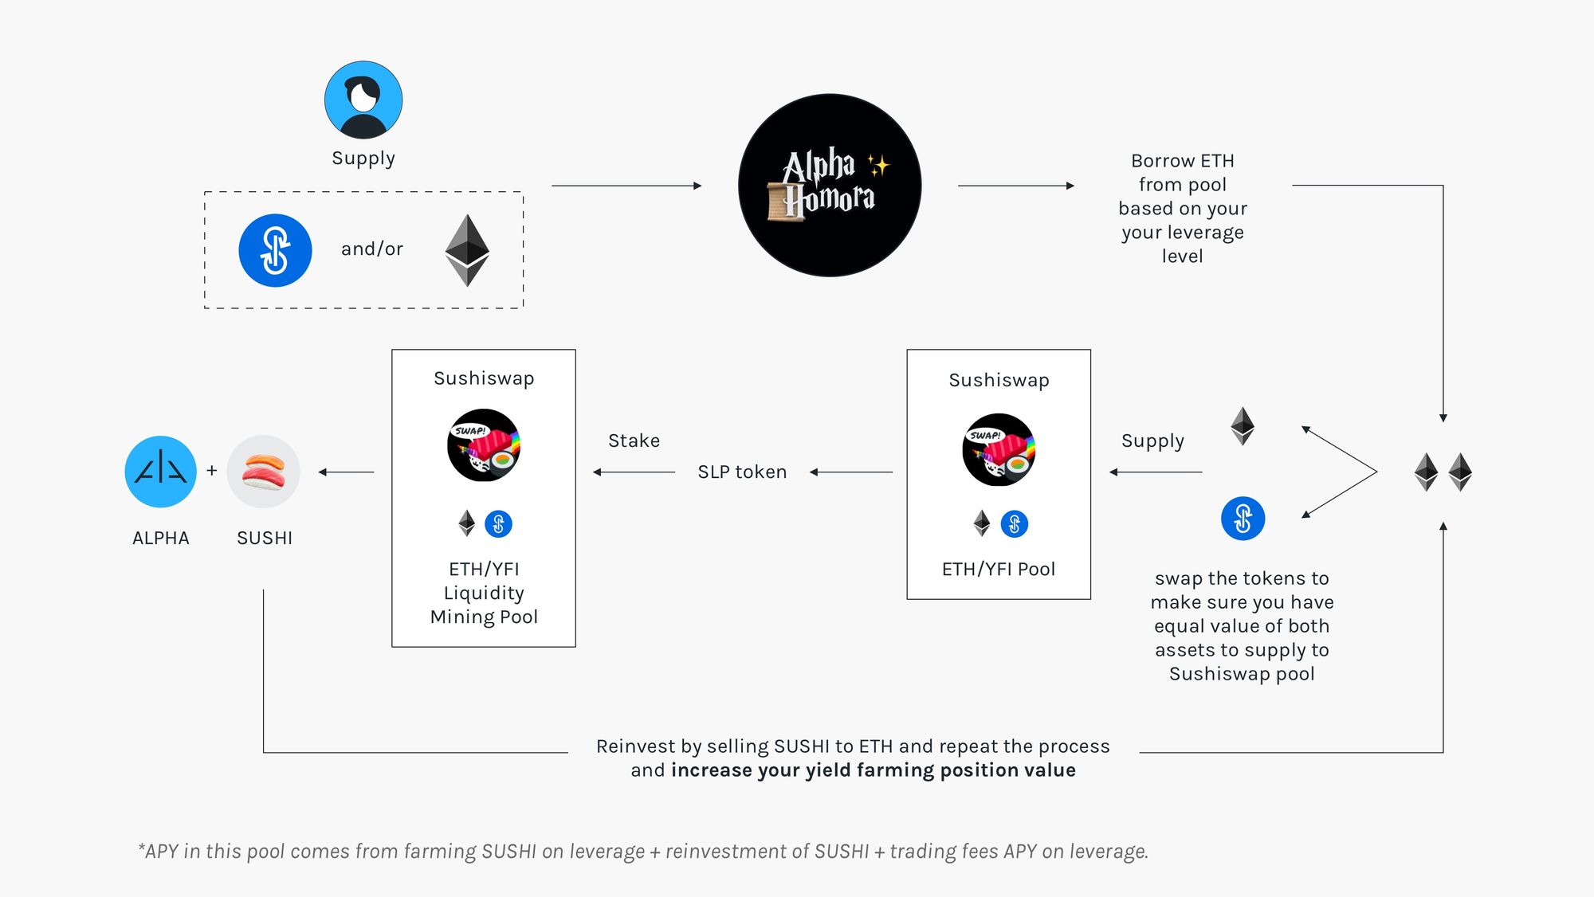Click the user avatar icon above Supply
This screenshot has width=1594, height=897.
(x=363, y=100)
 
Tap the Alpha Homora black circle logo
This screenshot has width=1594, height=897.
(x=830, y=186)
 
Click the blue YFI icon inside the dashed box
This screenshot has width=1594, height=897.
(x=275, y=250)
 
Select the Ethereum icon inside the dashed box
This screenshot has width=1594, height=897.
(x=467, y=250)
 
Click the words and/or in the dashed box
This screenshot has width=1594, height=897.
(x=372, y=249)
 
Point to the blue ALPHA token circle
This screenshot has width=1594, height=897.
(x=161, y=472)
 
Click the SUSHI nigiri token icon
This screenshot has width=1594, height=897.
(x=264, y=472)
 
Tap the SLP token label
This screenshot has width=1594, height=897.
(x=742, y=472)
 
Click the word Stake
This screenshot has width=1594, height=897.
(x=634, y=441)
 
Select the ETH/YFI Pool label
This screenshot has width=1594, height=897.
(x=998, y=570)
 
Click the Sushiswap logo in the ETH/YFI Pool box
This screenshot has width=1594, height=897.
(x=999, y=450)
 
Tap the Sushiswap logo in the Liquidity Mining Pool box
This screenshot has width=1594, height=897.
(x=484, y=445)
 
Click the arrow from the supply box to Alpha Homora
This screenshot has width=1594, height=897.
(x=626, y=186)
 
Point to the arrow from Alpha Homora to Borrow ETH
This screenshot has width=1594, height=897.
(x=1015, y=186)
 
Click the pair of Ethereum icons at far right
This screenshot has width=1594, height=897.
(x=1443, y=472)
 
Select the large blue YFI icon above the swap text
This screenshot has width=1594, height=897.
(x=1243, y=519)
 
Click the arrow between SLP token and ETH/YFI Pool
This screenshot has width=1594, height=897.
(x=851, y=472)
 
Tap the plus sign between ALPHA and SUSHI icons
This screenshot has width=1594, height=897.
(x=212, y=471)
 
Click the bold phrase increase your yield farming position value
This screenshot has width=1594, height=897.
(x=873, y=770)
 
